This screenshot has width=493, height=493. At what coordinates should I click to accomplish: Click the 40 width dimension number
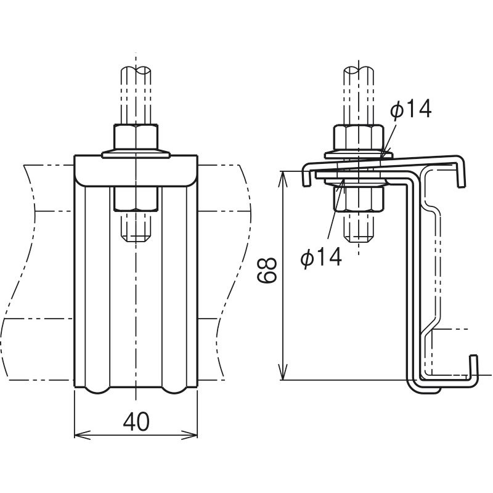click(136, 422)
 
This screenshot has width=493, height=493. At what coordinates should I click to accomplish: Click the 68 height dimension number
click(267, 270)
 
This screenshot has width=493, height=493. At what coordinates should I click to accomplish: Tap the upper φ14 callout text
click(410, 110)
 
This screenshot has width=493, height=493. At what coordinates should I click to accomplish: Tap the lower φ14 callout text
click(321, 257)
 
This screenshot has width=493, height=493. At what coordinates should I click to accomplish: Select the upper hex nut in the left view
click(136, 136)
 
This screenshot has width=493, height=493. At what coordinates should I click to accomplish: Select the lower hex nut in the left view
click(136, 199)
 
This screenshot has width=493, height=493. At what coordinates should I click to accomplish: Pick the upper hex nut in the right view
click(359, 137)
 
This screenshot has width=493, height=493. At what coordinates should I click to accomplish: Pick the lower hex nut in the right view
click(359, 198)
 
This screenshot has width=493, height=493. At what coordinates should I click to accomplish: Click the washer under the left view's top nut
click(136, 153)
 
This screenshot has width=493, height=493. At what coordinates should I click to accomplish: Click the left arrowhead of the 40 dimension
click(82, 435)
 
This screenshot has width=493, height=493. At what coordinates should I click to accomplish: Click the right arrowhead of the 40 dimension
click(190, 435)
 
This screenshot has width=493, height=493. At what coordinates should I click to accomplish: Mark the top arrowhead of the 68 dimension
click(283, 180)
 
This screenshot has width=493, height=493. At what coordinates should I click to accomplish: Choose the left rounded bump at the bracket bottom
click(97, 390)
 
